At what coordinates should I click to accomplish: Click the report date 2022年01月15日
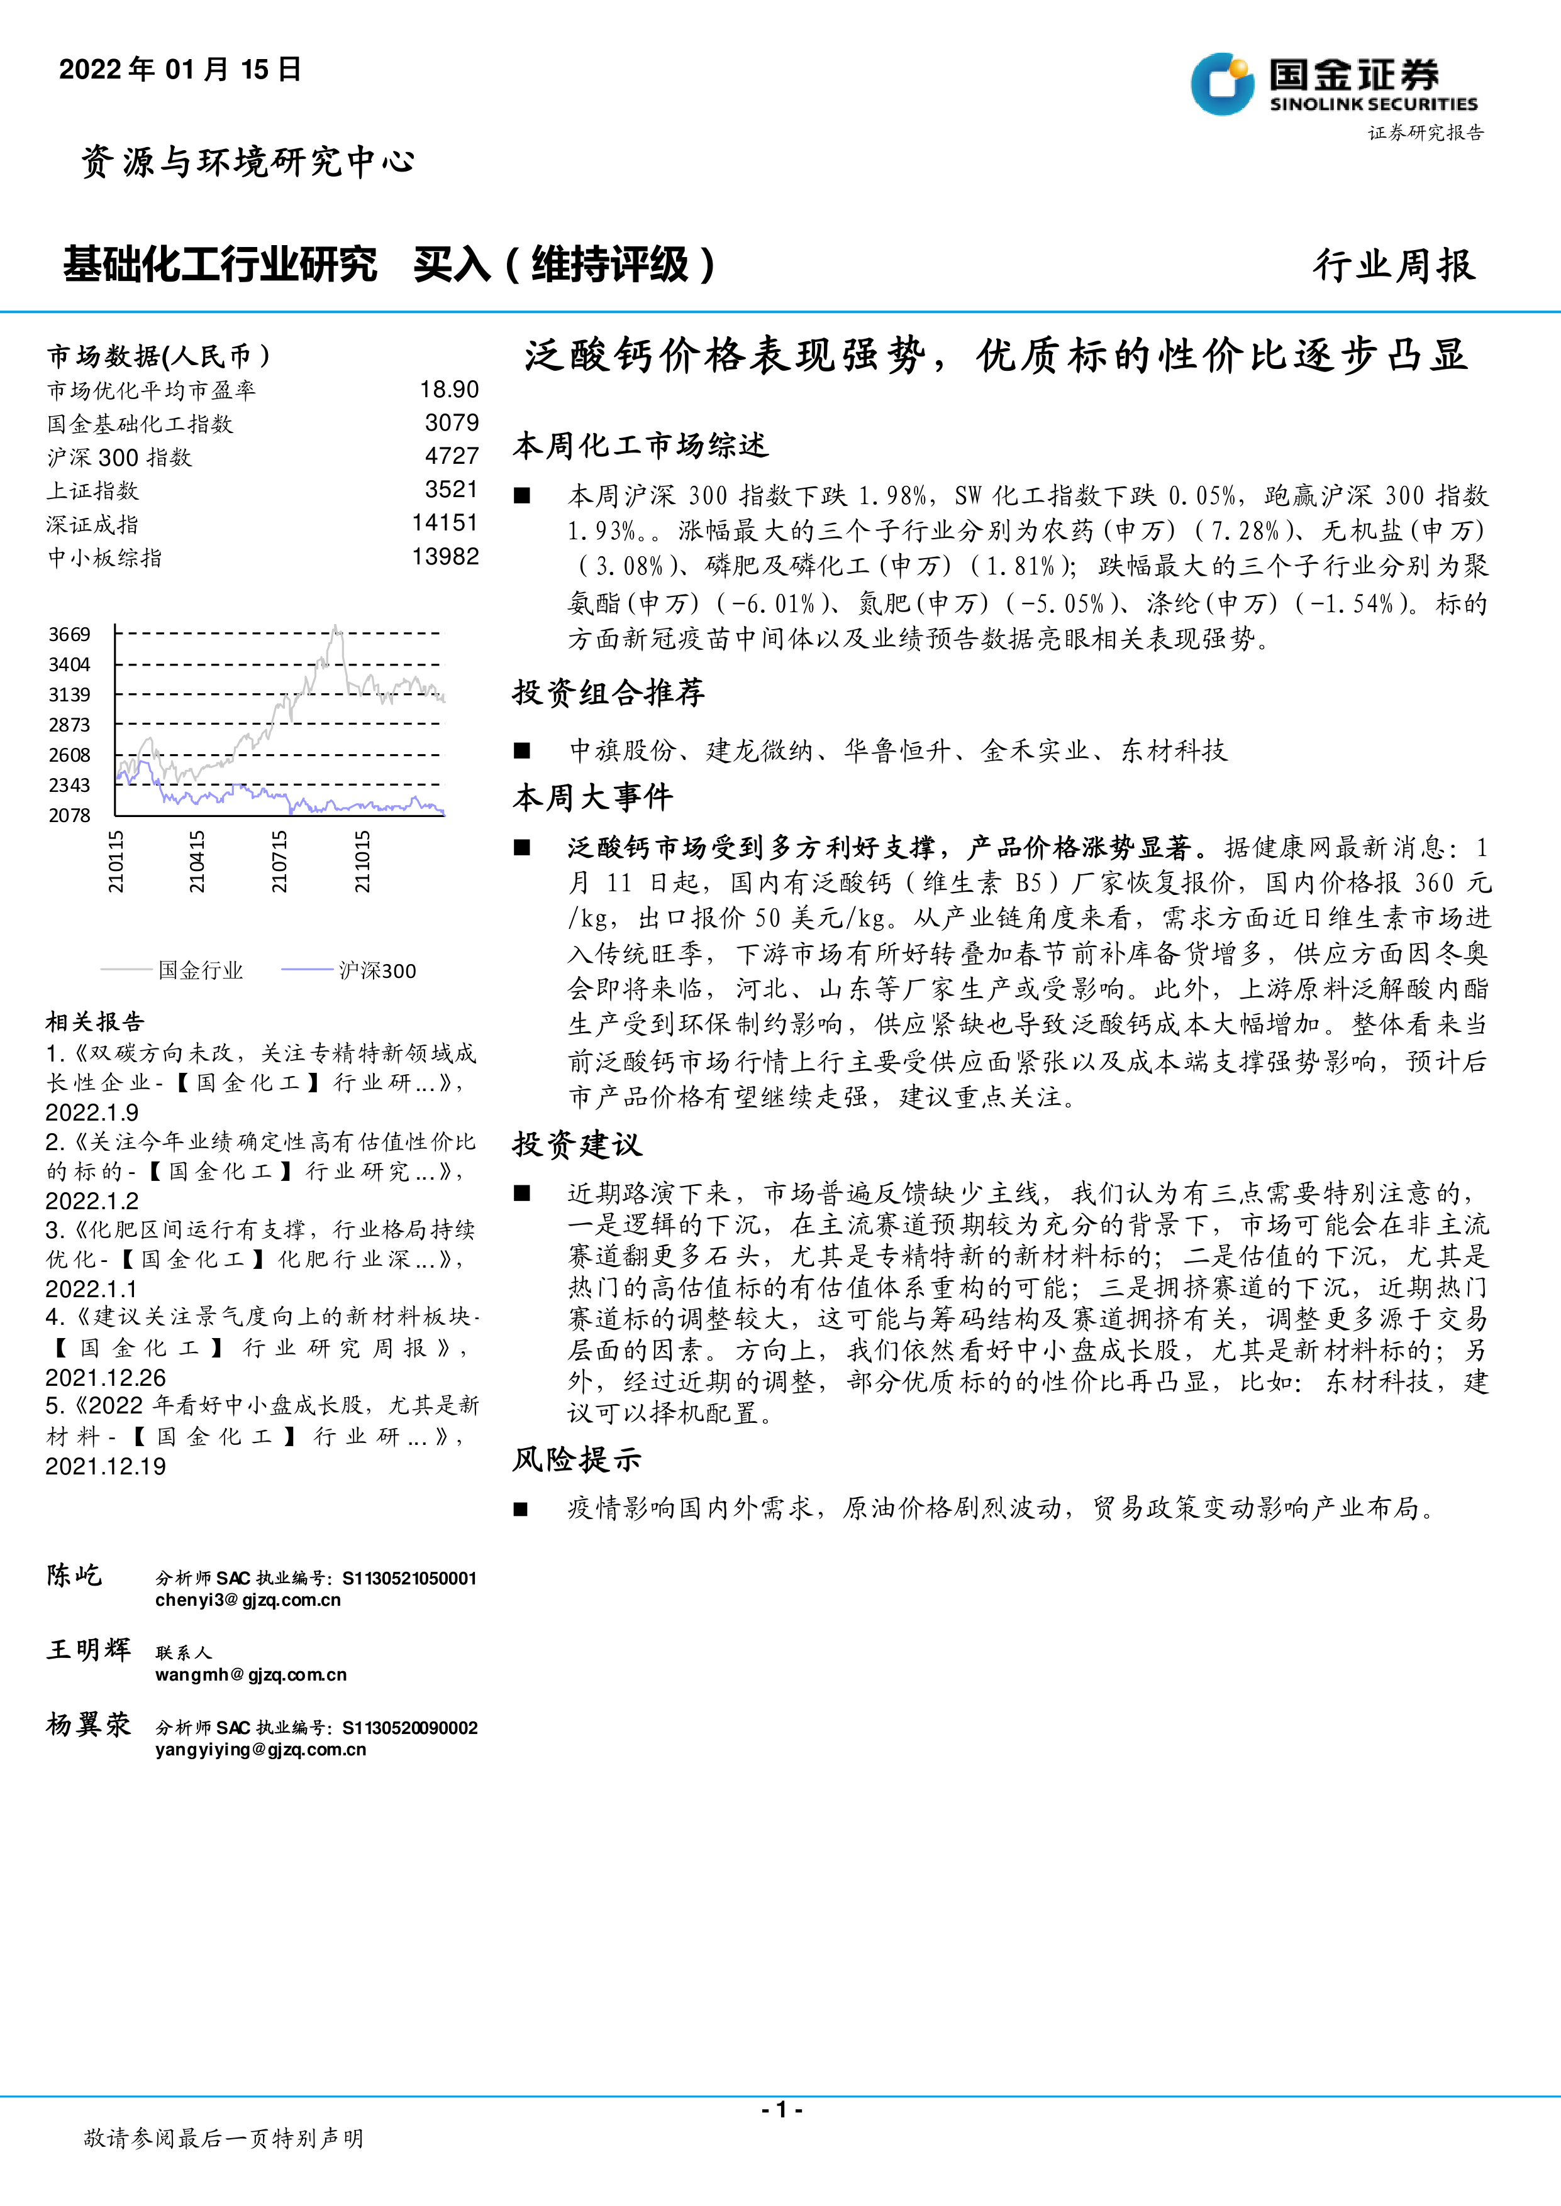click(180, 69)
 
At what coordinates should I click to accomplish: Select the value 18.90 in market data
click(449, 389)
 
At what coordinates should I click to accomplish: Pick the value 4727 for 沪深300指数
click(452, 456)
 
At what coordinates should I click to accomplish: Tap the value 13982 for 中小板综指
click(445, 556)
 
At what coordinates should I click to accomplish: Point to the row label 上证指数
click(92, 490)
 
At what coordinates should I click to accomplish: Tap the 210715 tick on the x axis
click(279, 862)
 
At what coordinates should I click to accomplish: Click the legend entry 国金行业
click(200, 970)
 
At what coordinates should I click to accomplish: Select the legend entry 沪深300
click(377, 970)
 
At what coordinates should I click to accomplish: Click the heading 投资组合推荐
click(608, 692)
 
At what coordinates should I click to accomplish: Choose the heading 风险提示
click(577, 1459)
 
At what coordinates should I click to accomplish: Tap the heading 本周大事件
click(593, 796)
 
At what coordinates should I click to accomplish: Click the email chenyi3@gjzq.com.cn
click(248, 1600)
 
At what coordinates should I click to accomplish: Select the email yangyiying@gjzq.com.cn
click(260, 1748)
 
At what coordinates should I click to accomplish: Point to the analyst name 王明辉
click(89, 1650)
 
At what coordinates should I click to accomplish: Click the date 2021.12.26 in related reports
click(106, 1377)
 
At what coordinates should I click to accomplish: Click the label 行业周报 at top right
click(1394, 265)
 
